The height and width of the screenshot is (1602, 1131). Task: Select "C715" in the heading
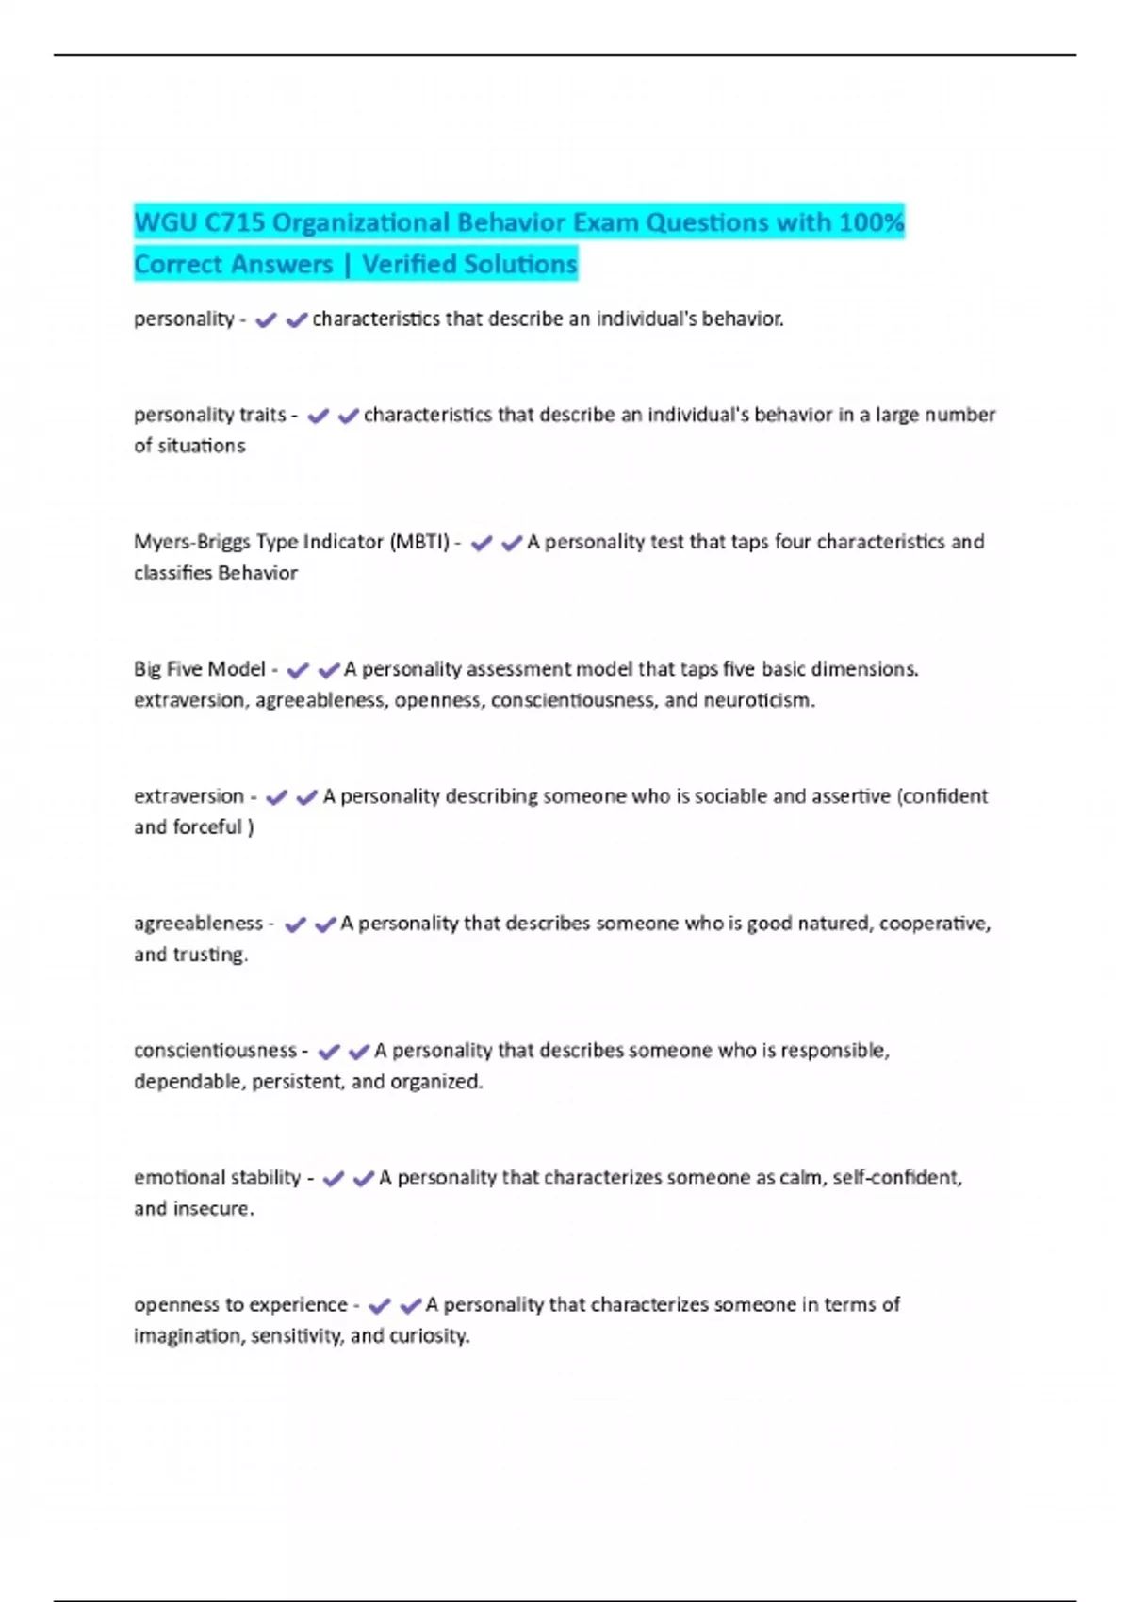click(234, 222)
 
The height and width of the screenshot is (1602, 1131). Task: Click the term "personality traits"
click(209, 415)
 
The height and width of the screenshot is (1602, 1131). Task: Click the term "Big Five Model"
click(200, 669)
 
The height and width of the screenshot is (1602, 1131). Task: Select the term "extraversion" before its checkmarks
click(188, 796)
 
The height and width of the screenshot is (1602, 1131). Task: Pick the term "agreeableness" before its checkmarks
click(198, 924)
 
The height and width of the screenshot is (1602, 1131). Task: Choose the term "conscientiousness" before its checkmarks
click(215, 1051)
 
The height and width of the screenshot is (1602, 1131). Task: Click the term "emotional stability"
click(217, 1178)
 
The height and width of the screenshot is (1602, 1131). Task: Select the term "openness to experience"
click(240, 1305)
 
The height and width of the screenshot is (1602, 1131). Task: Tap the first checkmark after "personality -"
click(266, 320)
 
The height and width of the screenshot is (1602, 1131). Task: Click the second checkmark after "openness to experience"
click(410, 1306)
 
